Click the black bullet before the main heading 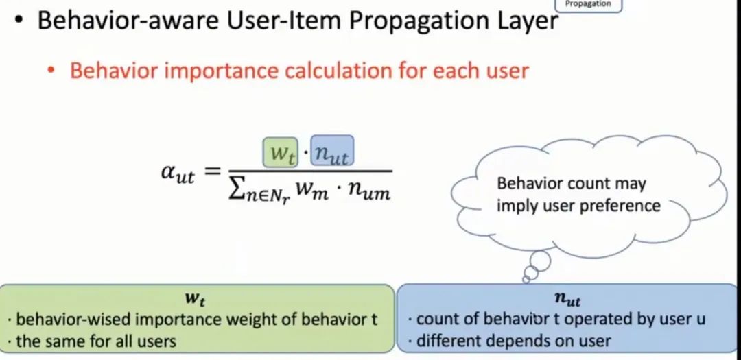coord(20,21)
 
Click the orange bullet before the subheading coord(51,71)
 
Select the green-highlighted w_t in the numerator coord(280,153)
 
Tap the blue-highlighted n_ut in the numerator coord(331,153)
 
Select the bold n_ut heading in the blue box coord(567,300)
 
